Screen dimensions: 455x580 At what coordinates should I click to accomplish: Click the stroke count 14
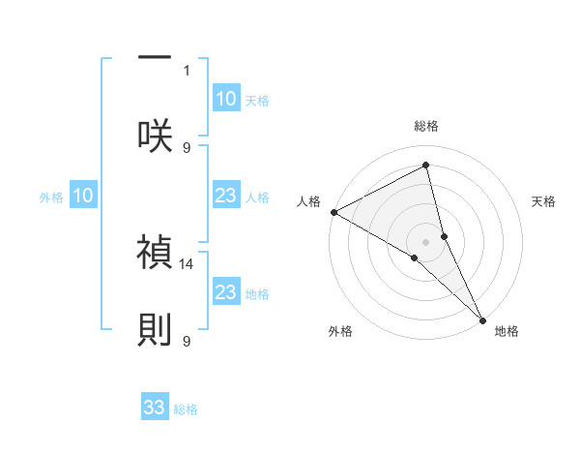(x=188, y=262)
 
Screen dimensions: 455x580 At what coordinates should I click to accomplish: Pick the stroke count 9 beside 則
(x=188, y=340)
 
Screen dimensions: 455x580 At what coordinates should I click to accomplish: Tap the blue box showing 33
(x=156, y=408)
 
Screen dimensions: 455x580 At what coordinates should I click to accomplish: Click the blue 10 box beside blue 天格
(x=225, y=99)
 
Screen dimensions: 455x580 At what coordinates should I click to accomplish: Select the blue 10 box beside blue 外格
(x=83, y=197)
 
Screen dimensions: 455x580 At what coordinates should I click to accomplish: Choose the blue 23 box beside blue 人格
(x=225, y=197)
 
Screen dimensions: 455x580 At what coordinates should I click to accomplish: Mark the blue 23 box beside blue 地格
(x=225, y=292)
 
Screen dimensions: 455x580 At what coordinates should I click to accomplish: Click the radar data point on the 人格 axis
(x=333, y=212)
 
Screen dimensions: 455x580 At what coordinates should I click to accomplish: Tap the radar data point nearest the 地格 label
(x=481, y=318)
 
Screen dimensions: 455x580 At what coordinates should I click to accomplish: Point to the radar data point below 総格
(x=426, y=166)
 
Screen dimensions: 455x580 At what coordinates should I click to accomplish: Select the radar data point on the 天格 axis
(x=445, y=235)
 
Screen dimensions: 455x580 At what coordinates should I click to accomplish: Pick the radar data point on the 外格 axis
(x=415, y=258)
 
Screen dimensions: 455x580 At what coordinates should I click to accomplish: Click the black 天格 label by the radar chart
(x=543, y=201)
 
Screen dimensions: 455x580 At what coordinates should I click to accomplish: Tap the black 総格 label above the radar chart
(x=426, y=126)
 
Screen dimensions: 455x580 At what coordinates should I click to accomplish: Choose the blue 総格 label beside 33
(x=186, y=409)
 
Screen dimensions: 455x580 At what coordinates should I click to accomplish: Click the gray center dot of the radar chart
(x=426, y=241)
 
